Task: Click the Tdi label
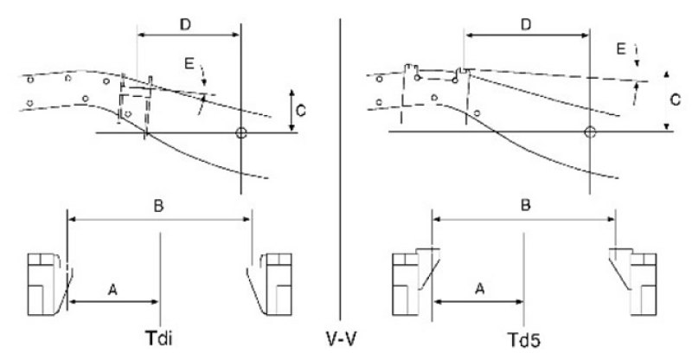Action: [158, 339]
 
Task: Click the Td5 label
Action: [524, 340]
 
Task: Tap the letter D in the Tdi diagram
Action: [185, 25]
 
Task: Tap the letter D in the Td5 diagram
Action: [526, 25]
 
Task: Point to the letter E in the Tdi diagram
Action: [189, 65]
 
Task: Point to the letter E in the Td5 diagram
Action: [621, 49]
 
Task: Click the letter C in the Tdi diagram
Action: [301, 111]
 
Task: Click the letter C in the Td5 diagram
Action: [676, 100]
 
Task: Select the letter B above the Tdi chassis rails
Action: [158, 206]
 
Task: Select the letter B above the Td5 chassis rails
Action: [526, 205]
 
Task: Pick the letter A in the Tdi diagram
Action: [113, 290]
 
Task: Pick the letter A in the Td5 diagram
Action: [480, 289]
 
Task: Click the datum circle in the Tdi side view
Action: [241, 132]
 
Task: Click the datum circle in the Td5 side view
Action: [590, 132]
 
